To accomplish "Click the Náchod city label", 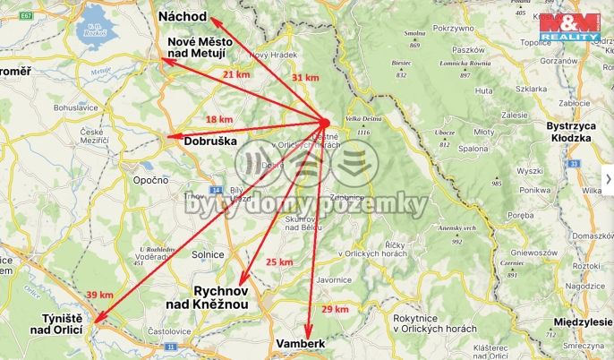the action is (x=183, y=17).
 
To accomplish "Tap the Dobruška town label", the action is (x=210, y=141).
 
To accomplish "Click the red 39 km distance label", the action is (x=99, y=295).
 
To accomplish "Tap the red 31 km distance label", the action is (x=305, y=78).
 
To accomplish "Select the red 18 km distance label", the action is (x=219, y=119).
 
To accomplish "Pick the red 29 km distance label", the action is (x=335, y=309).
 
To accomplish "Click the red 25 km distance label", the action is (x=279, y=262).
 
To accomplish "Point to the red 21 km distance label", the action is (x=236, y=74).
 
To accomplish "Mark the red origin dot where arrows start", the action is (x=325, y=123).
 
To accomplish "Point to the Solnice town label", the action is (x=207, y=255).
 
